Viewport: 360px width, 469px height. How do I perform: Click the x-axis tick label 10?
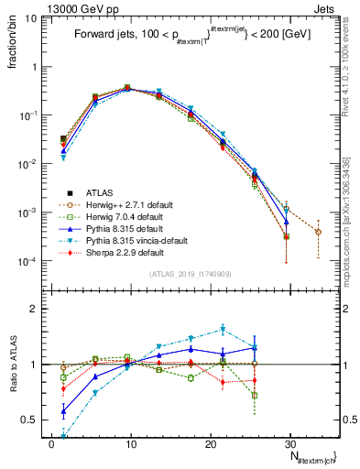(x=130, y=442)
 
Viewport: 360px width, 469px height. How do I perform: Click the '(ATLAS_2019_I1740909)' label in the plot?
(x=189, y=274)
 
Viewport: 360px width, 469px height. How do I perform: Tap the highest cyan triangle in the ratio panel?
(x=223, y=329)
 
